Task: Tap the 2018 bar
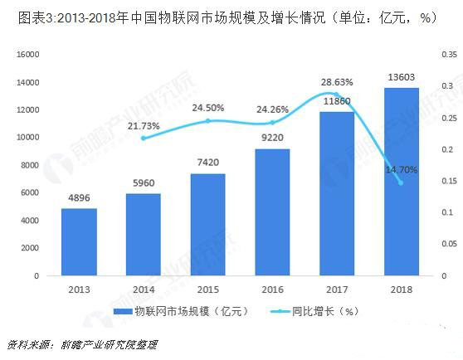pos(401,182)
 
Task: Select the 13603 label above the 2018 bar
pos(401,78)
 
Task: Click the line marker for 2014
pos(144,138)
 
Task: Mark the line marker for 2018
pos(401,182)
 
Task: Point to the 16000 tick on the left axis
pos(29,55)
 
